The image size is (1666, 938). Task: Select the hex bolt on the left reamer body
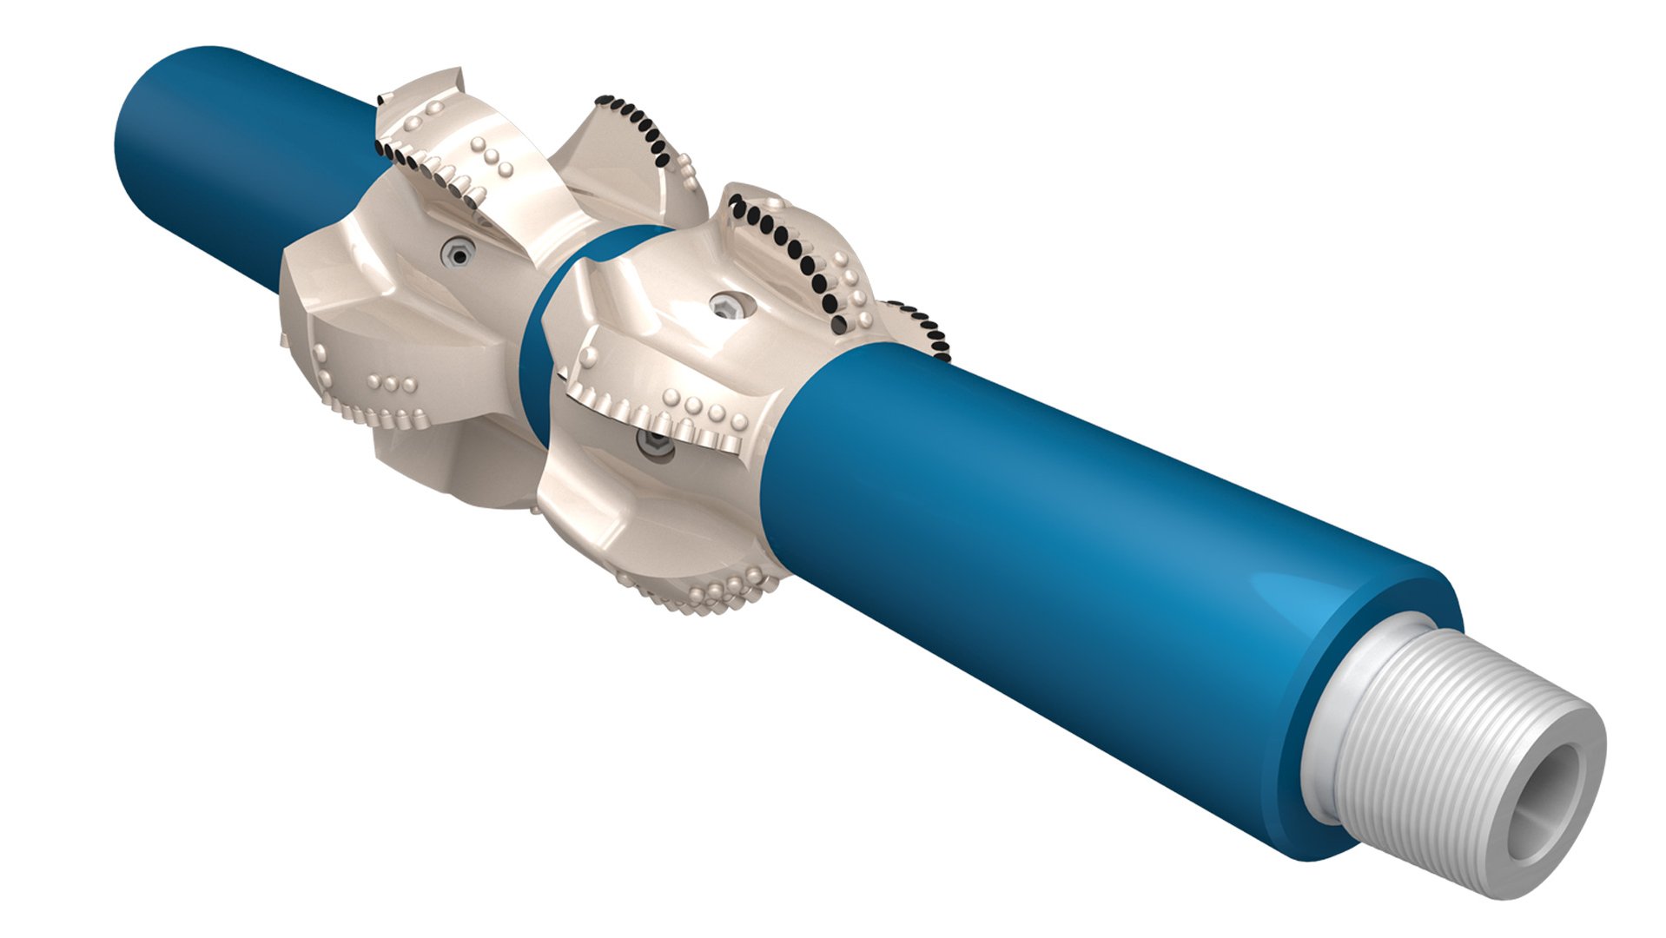coord(457,254)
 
